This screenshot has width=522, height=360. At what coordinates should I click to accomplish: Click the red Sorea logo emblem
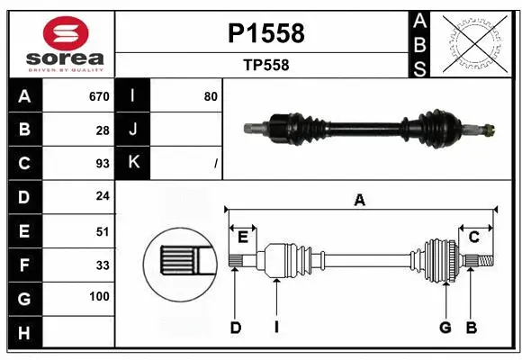point(61,33)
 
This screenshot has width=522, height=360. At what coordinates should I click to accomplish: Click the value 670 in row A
point(99,96)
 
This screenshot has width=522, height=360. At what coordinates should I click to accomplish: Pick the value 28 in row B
point(103,130)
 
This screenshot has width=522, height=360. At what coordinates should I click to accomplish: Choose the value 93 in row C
point(103,163)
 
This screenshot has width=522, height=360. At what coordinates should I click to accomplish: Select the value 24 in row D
point(103,196)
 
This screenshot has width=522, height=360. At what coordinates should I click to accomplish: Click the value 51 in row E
point(103,230)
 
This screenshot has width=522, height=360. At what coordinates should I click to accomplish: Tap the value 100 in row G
point(99,297)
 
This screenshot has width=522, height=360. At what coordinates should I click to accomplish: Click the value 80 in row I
point(210,96)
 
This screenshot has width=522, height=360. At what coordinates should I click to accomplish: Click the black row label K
point(133,163)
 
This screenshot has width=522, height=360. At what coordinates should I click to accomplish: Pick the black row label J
point(133,130)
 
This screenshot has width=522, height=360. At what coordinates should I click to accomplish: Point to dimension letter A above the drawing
point(360,200)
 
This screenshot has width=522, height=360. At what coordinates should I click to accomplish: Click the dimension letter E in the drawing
point(243,237)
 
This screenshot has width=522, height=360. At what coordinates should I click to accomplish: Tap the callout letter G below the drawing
point(445,328)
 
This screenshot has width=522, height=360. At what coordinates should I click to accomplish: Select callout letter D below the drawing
point(235,328)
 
